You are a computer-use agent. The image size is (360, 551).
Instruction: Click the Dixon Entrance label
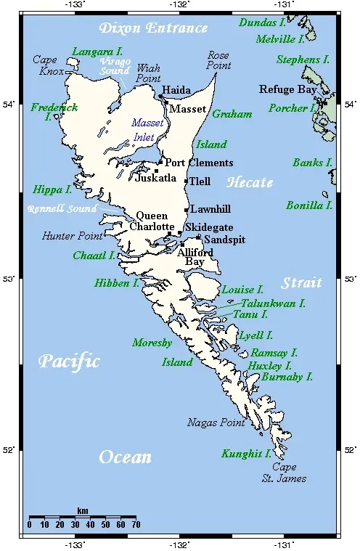[x=154, y=28]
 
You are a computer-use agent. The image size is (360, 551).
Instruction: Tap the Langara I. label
[x=97, y=52]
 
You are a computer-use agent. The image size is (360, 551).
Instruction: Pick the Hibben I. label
[x=116, y=283]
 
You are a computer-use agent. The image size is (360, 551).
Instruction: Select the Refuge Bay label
[x=288, y=89]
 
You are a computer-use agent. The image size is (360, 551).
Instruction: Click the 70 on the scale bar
[x=136, y=524]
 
